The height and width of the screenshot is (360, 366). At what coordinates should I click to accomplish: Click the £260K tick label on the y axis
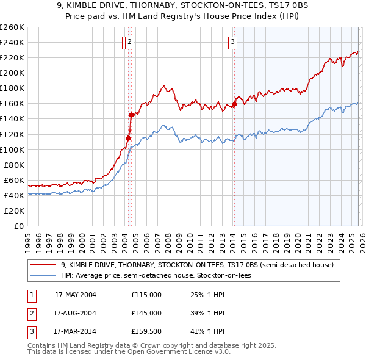[12, 27]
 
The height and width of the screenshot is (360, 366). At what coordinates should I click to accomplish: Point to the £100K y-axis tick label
[12, 149]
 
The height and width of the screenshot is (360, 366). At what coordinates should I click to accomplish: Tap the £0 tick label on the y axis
[19, 226]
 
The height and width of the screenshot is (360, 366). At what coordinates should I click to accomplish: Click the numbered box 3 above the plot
[233, 42]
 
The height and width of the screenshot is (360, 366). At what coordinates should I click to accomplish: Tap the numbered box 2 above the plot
[131, 42]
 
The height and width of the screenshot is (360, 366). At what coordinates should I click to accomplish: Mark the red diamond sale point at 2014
[234, 104]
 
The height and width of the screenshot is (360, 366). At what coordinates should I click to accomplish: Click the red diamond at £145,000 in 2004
[131, 115]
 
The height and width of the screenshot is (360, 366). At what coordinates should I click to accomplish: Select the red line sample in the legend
[43, 265]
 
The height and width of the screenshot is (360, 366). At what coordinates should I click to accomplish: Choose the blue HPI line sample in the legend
[43, 276]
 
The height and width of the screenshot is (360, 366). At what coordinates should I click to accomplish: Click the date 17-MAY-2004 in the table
[76, 294]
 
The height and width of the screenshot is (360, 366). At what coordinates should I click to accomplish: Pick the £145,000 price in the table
[146, 313]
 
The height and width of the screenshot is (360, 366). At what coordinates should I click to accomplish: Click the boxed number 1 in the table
[31, 294]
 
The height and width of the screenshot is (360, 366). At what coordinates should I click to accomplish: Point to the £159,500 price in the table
[146, 332]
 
